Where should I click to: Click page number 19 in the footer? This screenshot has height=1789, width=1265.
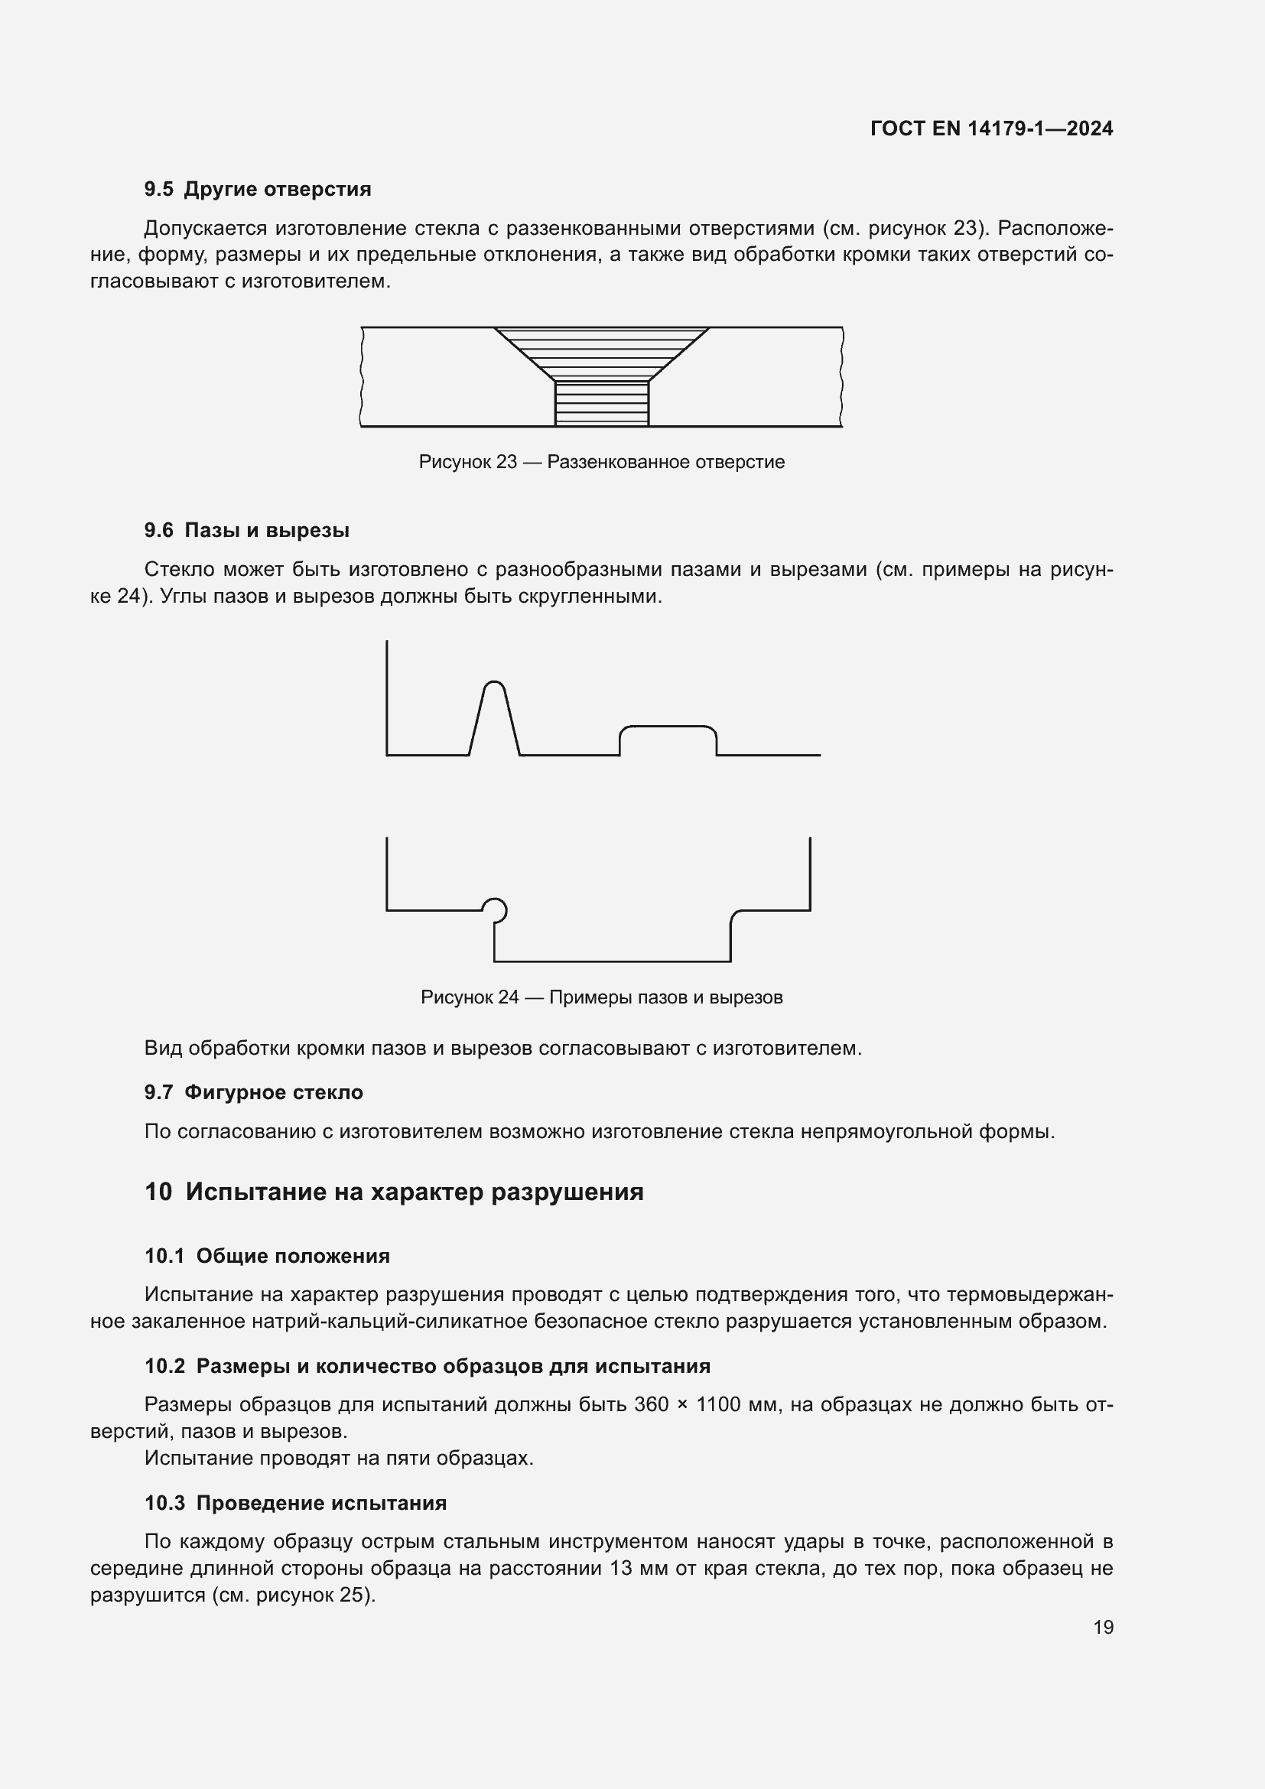click(x=1103, y=1627)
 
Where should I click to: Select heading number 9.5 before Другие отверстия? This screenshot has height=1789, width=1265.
click(x=159, y=190)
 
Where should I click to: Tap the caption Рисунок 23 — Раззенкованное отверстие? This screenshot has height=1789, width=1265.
click(x=601, y=462)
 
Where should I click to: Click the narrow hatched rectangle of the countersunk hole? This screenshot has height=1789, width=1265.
click(x=601, y=403)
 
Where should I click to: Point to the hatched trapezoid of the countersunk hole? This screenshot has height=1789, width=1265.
click(x=601, y=352)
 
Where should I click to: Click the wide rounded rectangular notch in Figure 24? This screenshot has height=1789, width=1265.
click(x=668, y=740)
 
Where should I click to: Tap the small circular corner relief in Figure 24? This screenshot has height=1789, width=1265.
click(x=495, y=909)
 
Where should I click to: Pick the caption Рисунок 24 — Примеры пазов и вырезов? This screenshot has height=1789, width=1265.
click(x=601, y=997)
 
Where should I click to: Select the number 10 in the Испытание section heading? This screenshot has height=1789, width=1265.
click(x=158, y=1192)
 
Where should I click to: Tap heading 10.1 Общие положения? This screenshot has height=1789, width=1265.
click(x=267, y=1256)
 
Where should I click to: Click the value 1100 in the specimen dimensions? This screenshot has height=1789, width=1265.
click(x=717, y=1405)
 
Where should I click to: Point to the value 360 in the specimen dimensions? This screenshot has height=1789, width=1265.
click(x=651, y=1405)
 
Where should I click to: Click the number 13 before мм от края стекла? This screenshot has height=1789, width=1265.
click(x=621, y=1568)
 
